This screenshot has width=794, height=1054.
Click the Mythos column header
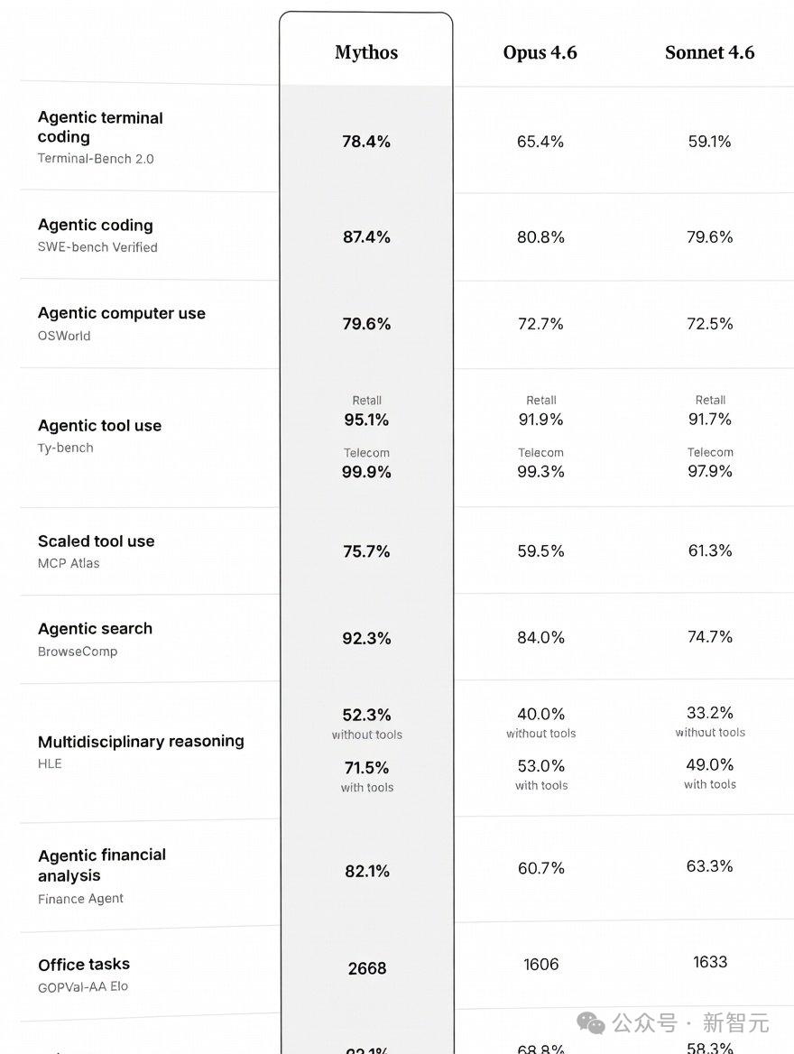(366, 52)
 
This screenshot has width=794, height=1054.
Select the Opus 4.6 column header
(540, 52)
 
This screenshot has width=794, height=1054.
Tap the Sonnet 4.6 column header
(709, 52)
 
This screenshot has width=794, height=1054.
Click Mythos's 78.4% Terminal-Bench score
(366, 142)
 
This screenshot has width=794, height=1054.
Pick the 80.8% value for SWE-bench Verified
(540, 237)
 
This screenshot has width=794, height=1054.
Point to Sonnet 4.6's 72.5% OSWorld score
(709, 324)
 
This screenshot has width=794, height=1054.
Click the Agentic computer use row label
(122, 313)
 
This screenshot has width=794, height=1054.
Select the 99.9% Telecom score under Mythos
(366, 472)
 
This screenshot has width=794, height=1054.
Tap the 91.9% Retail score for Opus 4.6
(540, 420)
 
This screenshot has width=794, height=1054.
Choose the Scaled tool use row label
(97, 541)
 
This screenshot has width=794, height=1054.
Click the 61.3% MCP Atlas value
(709, 550)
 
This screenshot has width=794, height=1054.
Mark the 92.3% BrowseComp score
(366, 639)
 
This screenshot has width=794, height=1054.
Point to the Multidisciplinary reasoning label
(141, 742)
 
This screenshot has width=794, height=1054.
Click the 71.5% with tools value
(366, 768)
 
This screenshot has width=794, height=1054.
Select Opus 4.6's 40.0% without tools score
(540, 715)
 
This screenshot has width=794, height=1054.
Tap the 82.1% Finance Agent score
(366, 872)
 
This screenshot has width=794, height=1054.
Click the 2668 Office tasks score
(366, 969)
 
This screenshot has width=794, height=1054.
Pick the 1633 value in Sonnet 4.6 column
(709, 962)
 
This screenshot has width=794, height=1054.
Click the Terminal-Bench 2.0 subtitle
(96, 159)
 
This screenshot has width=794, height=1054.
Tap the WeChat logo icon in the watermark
(592, 1022)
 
